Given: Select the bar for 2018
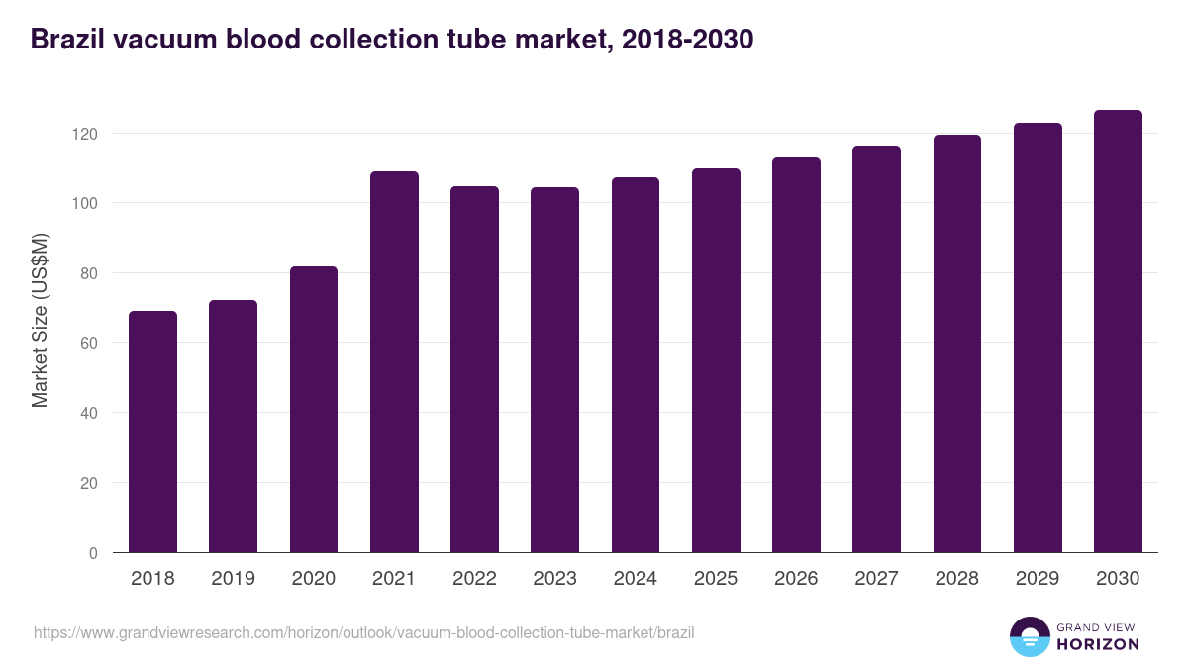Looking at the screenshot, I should point(152,431).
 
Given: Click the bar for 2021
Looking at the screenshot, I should point(394,362).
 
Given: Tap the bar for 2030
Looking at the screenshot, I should point(1118,332).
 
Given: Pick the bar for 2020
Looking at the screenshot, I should point(314,410).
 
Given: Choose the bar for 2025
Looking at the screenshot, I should point(716,360).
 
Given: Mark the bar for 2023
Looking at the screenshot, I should point(554,370).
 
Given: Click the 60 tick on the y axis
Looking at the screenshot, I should point(90,343).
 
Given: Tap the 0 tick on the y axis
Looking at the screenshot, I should point(94,553).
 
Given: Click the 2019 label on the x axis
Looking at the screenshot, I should point(233,579).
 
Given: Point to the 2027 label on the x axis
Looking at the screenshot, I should point(876,579).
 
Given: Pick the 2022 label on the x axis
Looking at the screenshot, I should point(474,579).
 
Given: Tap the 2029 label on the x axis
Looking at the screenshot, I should point(1038,579).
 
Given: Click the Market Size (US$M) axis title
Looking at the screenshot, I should point(40,319).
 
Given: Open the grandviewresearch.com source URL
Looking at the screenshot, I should point(364,632).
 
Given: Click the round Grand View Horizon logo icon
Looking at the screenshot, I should point(1029,636).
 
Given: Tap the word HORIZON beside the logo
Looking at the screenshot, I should point(1098,644).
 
